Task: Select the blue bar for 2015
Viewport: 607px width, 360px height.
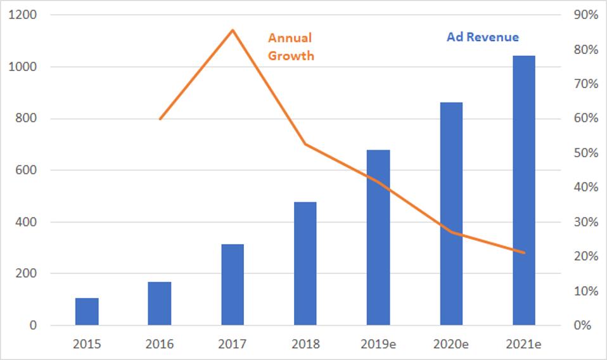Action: tap(87, 312)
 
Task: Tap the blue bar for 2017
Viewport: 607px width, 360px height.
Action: tap(233, 285)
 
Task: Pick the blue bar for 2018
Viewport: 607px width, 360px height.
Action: tap(305, 264)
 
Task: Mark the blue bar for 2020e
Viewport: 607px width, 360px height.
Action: tap(451, 214)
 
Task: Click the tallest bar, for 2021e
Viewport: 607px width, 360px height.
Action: tap(524, 190)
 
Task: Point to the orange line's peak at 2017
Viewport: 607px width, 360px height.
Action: tap(233, 30)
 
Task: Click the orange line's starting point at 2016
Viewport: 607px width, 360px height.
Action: tap(160, 119)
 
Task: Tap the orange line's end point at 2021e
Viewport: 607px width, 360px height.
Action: tap(524, 253)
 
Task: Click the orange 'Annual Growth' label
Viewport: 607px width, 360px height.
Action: tap(291, 47)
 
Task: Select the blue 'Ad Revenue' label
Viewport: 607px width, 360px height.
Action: tap(482, 37)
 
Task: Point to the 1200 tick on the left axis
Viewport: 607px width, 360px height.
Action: tap(22, 15)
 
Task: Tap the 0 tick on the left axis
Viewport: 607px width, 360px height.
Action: tap(31, 326)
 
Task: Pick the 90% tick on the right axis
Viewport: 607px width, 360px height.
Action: tap(585, 15)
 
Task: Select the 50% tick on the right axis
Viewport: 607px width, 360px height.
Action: tap(585, 153)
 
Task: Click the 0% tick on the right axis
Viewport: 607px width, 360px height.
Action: tap(587, 326)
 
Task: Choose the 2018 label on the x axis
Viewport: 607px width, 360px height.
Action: tap(305, 345)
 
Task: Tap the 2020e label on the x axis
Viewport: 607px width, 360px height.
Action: tap(451, 345)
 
